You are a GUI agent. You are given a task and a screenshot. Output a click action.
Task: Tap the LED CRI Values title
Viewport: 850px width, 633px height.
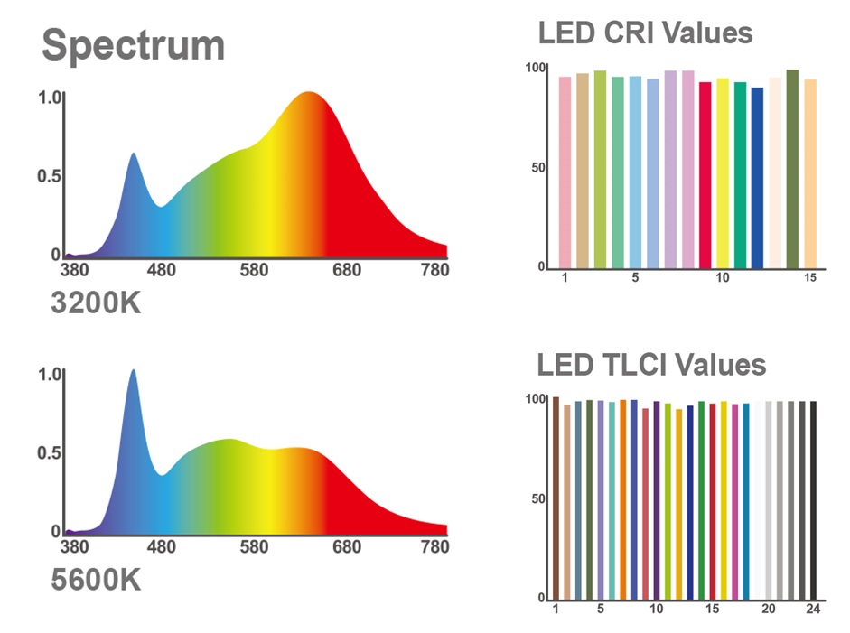pyautogui.click(x=645, y=33)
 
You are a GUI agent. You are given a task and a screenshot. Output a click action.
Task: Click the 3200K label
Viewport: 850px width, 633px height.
pyautogui.click(x=96, y=303)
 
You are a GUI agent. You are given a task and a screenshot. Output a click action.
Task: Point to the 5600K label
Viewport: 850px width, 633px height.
pyautogui.click(x=96, y=580)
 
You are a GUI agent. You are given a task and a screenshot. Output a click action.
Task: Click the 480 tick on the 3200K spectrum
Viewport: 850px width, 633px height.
pyautogui.click(x=162, y=269)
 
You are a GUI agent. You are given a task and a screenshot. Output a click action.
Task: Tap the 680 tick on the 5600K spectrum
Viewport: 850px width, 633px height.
pyautogui.click(x=347, y=546)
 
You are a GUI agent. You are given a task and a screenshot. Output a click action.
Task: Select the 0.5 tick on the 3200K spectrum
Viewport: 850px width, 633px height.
pyautogui.click(x=49, y=176)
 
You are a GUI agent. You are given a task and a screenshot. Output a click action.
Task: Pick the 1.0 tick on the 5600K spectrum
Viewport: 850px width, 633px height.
pyautogui.click(x=50, y=374)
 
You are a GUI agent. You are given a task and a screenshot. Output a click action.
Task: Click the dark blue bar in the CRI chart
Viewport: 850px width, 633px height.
pyautogui.click(x=757, y=178)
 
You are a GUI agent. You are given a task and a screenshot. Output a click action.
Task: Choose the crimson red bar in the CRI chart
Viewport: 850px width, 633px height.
pyautogui.click(x=705, y=175)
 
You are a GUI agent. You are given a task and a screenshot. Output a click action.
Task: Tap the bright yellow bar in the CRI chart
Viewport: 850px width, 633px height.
pyautogui.click(x=723, y=173)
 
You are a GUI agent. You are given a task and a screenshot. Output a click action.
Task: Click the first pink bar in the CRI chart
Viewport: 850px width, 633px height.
pyautogui.click(x=565, y=172)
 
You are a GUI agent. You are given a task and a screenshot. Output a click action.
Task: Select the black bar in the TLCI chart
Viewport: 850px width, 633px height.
pyautogui.click(x=813, y=500)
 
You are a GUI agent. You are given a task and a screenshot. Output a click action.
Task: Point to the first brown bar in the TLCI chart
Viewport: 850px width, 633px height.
pyautogui.click(x=556, y=498)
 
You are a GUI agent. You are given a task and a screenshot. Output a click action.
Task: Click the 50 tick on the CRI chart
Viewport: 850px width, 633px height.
pyautogui.click(x=537, y=167)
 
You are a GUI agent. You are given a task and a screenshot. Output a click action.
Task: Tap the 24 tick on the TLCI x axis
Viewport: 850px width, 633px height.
pyautogui.click(x=813, y=609)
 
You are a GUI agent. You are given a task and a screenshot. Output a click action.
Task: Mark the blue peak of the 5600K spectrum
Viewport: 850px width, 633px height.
pyautogui.click(x=134, y=371)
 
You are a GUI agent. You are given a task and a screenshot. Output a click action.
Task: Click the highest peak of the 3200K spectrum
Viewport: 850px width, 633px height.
pyautogui.click(x=308, y=93)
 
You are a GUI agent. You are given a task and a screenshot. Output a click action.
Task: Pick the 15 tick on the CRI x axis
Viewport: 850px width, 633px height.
pyautogui.click(x=810, y=277)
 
